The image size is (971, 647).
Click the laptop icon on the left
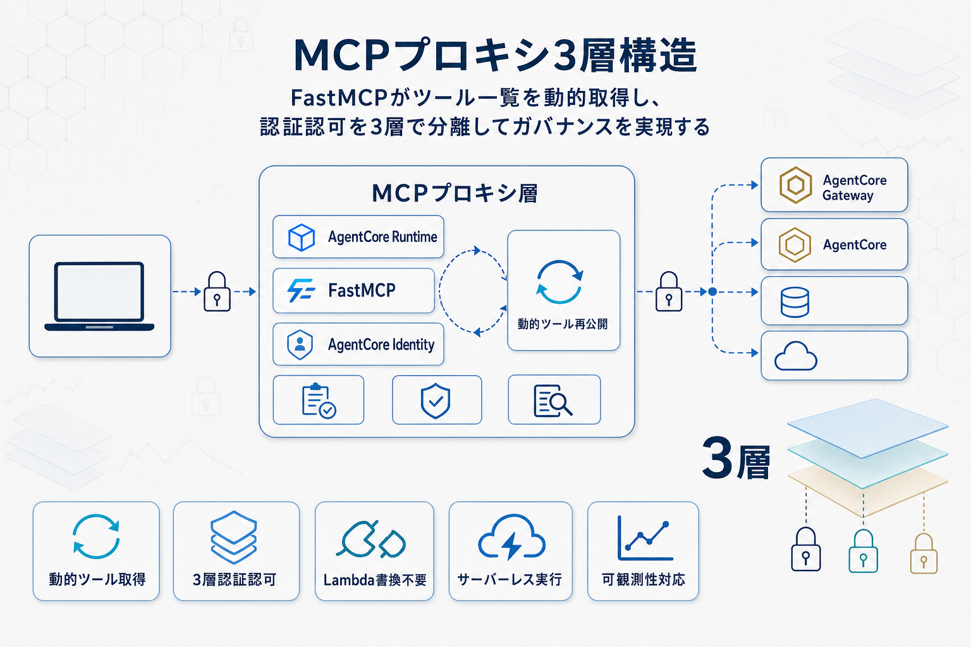coord(99,296)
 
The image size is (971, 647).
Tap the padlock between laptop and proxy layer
coord(217,292)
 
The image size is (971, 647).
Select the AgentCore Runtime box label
coord(382,237)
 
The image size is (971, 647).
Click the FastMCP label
coord(362,291)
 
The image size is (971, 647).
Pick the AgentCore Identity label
coord(381,344)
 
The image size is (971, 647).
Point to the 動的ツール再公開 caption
coord(563,324)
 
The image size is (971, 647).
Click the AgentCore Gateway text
coord(854,188)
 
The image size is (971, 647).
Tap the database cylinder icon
coord(795,302)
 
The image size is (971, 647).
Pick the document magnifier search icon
coord(553,401)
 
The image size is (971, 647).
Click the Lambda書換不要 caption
coord(375,579)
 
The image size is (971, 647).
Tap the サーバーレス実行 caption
coord(510,579)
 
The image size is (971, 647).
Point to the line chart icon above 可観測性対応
coord(644,538)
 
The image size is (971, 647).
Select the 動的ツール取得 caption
coord(97,579)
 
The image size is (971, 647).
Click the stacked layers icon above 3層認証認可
coord(234,537)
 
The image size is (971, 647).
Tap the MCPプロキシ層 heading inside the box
coord(455,193)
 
